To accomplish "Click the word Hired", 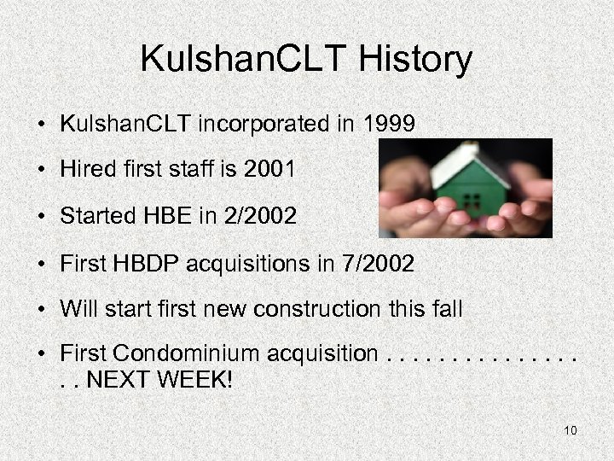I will [x=85, y=170].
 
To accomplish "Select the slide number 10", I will [x=571, y=430].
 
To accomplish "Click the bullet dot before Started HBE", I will [x=41, y=217].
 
